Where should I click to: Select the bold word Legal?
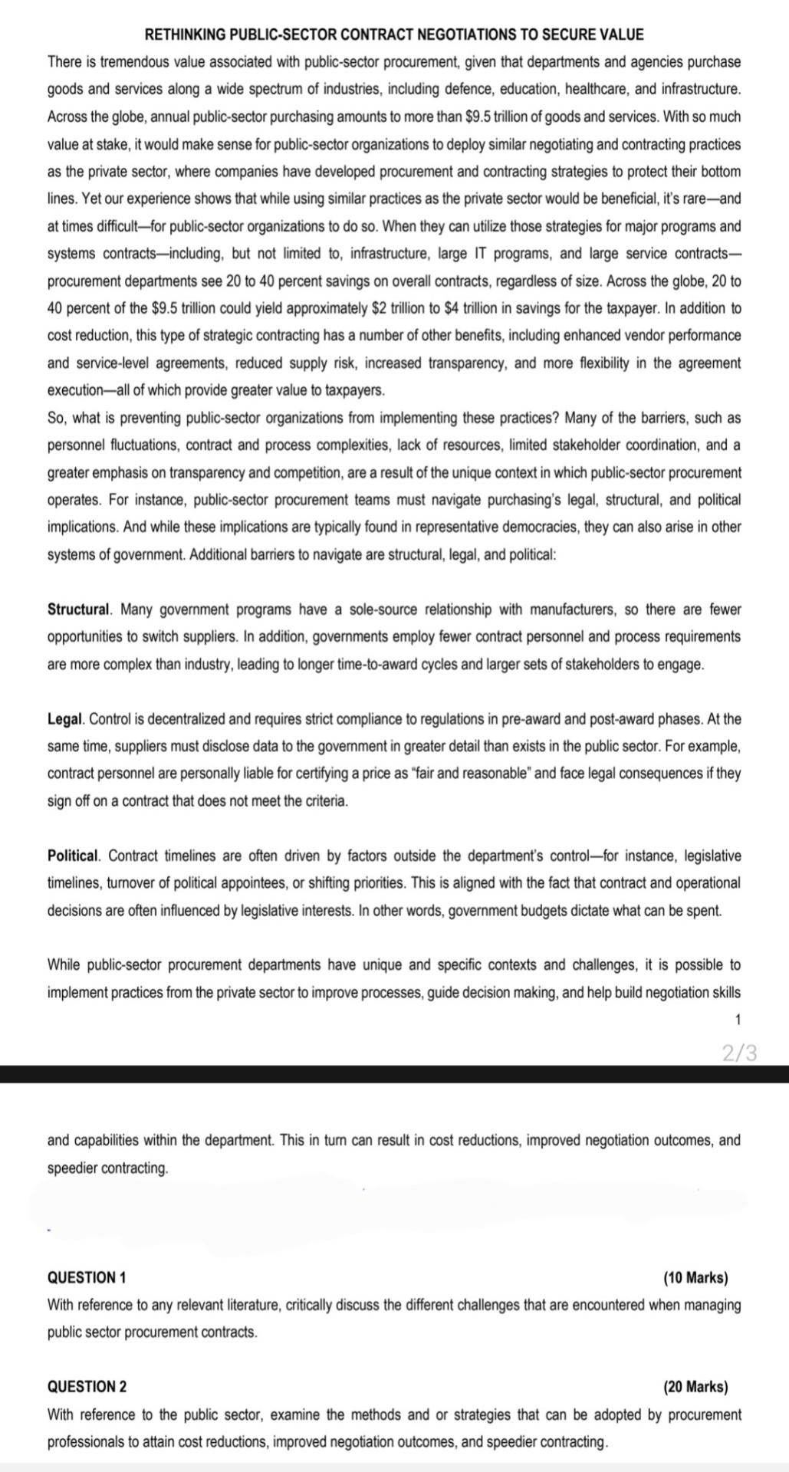coord(65,719)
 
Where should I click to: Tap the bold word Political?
coord(74,856)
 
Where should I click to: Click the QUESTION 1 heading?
coord(87,1278)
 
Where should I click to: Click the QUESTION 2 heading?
coord(87,1387)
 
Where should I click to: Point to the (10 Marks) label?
coord(695,1278)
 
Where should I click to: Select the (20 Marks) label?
coord(695,1387)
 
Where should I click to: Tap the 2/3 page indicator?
coord(739,1053)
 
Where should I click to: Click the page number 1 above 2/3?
coord(738,1020)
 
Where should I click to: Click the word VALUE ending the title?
coord(623,34)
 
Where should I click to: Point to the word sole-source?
coord(382,609)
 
